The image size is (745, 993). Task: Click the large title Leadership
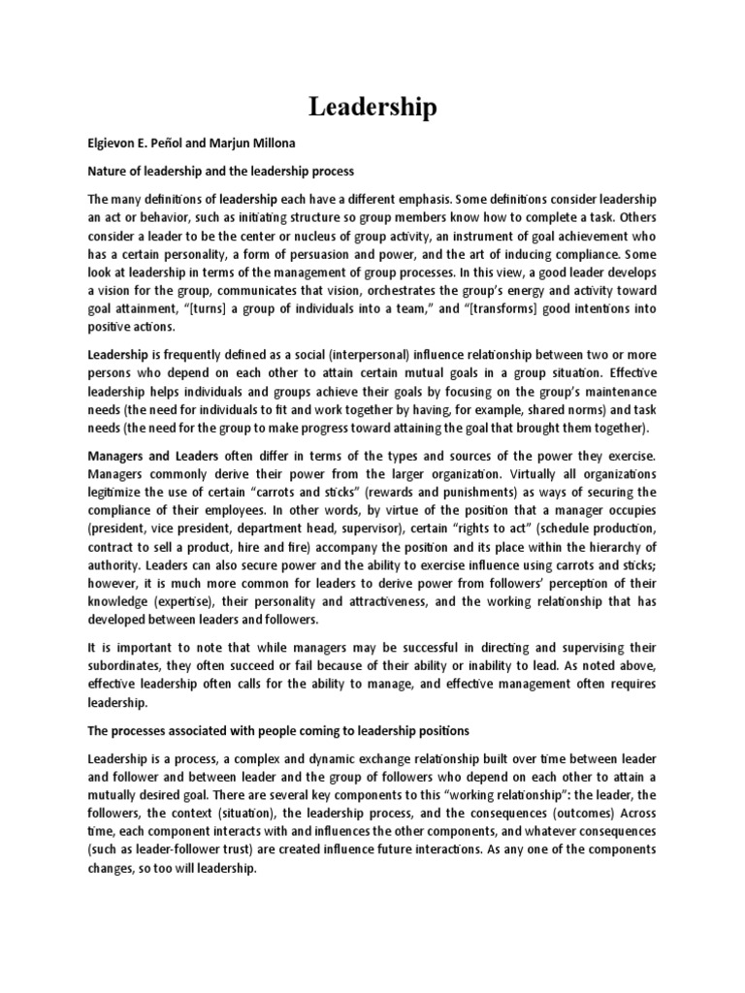[372, 107]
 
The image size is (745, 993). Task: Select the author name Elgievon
[116, 144]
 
